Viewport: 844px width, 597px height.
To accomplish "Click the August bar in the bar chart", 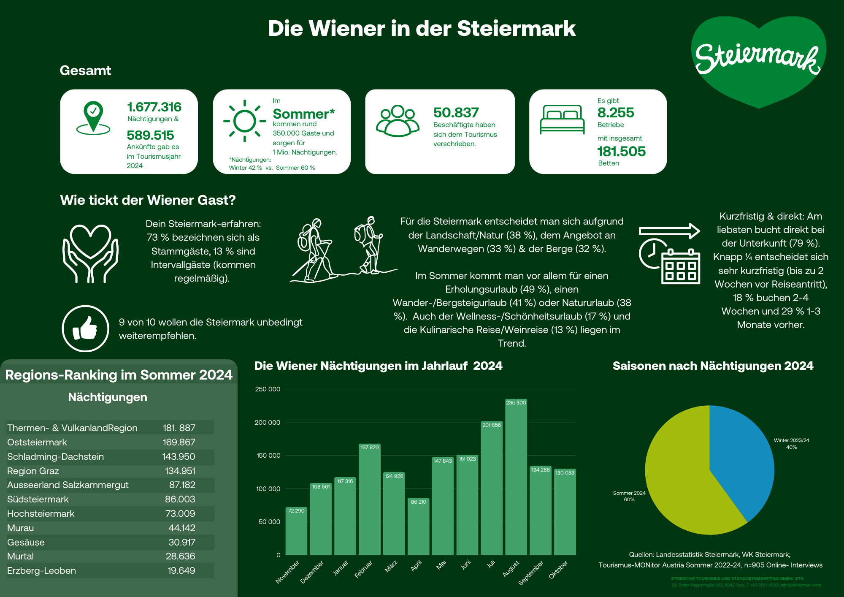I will tap(516, 477).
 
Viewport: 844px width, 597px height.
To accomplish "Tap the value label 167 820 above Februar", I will tap(369, 447).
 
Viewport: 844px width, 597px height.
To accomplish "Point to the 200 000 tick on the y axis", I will tap(267, 422).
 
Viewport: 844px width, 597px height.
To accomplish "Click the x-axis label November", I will tap(287, 572).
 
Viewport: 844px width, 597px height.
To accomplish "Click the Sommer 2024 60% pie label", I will tap(629, 496).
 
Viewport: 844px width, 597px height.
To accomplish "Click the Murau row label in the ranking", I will tap(21, 528).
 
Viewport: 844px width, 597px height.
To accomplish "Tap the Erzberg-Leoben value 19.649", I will tap(181, 570).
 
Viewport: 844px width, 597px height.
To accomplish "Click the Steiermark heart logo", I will tap(758, 59).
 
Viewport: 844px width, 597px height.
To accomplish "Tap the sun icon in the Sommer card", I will tap(244, 121).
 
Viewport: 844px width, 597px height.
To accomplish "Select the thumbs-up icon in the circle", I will tap(85, 328).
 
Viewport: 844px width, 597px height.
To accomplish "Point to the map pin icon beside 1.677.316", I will tap(93, 117).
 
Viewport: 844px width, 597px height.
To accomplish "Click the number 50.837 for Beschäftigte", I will tap(456, 113).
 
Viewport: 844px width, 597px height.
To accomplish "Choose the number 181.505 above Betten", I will tap(621, 151).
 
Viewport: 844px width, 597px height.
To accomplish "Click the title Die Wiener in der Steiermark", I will tap(422, 29).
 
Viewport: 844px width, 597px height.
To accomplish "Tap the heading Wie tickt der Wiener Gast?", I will tap(148, 200).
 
